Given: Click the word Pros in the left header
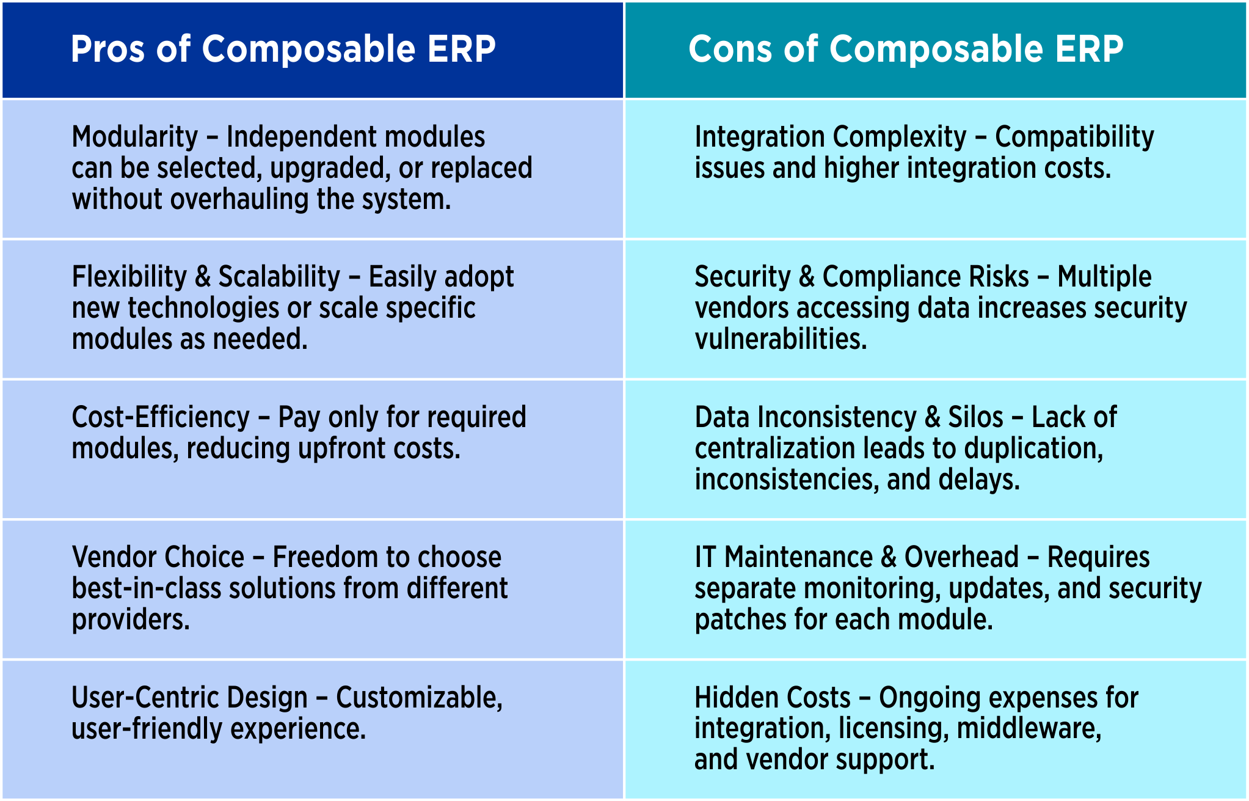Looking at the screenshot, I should point(107,49).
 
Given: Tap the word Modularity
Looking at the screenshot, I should point(135,137).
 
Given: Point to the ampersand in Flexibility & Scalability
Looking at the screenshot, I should point(203,277).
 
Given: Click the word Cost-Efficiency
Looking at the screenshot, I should point(161,417).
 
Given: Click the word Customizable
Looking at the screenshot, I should point(419,698).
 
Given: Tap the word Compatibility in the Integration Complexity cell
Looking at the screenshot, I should point(1074,137).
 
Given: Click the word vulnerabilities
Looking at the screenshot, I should point(781,339).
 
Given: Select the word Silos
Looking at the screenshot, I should point(975,417).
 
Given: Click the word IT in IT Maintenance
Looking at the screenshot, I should point(705,557).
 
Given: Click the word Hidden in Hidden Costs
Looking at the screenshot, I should point(730,698).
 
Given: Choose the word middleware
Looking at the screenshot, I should point(1029,728).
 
